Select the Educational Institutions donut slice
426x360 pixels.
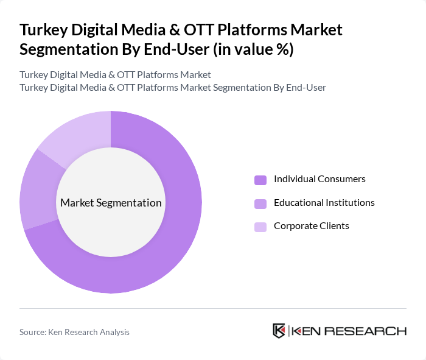[x=38, y=189]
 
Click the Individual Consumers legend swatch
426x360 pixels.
[x=260, y=180]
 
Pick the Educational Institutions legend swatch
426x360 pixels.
[x=260, y=203]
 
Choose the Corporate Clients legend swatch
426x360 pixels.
[x=260, y=227]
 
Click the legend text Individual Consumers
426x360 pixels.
[x=319, y=179]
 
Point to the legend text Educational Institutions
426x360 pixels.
[x=324, y=202]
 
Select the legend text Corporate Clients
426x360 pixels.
[x=311, y=226]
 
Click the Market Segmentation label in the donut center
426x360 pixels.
[x=111, y=203]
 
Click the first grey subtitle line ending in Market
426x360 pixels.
[x=115, y=74]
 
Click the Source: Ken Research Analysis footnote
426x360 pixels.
[x=74, y=332]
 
